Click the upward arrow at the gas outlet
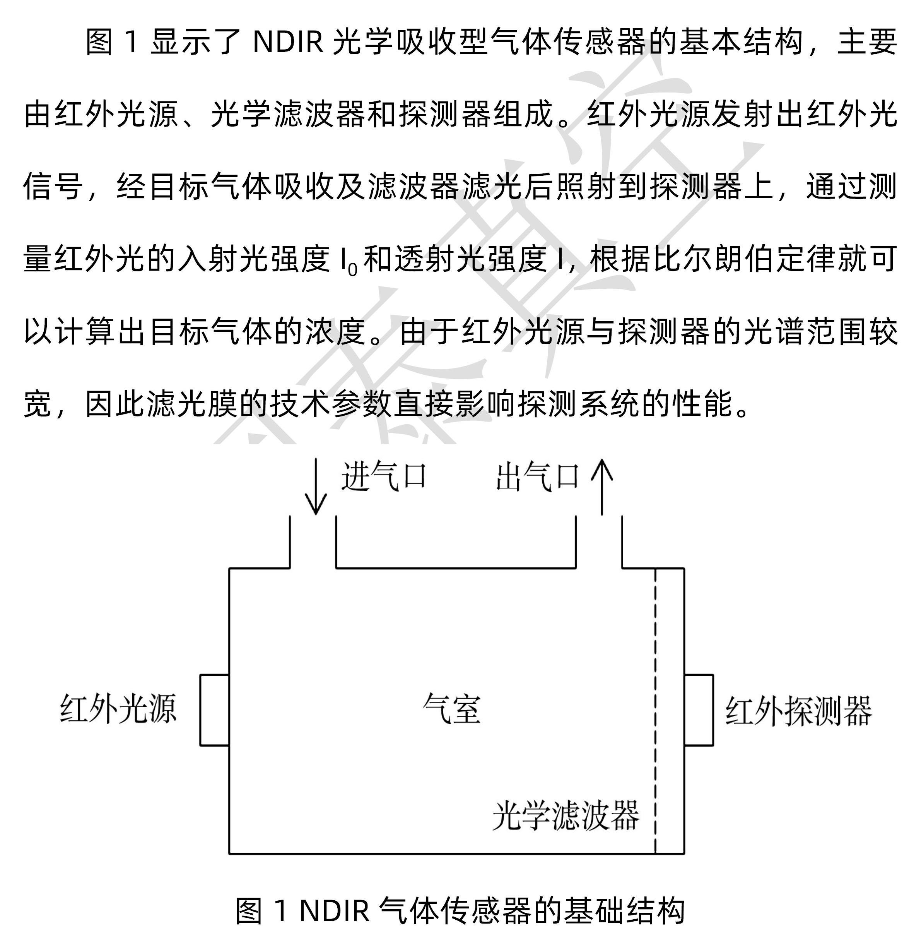602,486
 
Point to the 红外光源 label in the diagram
118,709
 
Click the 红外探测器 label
798,711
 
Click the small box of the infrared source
214,710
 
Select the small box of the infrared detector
699,710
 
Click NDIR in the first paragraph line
288,42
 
